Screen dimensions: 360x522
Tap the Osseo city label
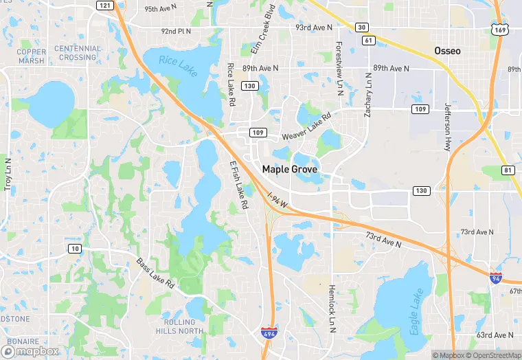[447, 51]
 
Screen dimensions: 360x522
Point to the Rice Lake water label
[178, 65]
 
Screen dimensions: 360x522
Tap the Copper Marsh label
[31, 56]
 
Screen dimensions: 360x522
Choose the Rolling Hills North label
[183, 326]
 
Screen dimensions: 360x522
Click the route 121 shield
[104, 5]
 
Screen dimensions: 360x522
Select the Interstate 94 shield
[496, 278]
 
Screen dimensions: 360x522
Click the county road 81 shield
[507, 170]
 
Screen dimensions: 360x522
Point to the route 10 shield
[75, 247]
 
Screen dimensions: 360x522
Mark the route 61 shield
[370, 41]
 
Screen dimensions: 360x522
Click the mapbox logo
[34, 350]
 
